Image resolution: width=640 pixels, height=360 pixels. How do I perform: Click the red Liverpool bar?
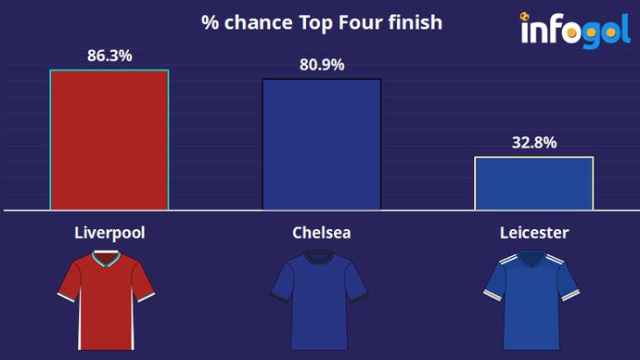(x=109, y=140)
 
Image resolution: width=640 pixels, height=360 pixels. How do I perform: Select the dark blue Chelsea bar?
(x=322, y=145)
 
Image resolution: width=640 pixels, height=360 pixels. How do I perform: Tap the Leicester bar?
(x=533, y=184)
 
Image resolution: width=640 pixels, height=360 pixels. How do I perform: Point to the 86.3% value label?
(x=109, y=57)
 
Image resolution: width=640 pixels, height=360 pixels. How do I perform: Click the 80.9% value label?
(x=322, y=65)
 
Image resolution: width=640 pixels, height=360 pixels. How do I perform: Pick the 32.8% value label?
(x=534, y=143)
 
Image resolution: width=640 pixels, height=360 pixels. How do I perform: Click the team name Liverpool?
(x=109, y=232)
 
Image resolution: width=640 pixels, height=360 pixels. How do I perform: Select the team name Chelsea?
(x=321, y=232)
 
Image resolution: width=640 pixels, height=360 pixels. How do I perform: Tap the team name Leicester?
(x=533, y=232)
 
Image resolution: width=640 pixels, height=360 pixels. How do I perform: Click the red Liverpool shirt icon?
(x=104, y=302)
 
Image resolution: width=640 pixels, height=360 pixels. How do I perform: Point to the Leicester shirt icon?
(x=532, y=302)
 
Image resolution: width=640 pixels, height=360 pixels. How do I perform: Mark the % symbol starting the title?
(x=210, y=22)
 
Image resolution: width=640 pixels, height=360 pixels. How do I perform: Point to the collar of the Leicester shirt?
(x=532, y=264)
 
